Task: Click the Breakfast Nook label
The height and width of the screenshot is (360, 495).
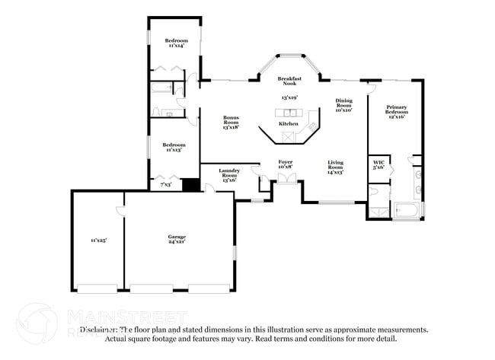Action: click(289, 82)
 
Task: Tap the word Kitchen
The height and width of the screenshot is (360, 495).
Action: click(288, 123)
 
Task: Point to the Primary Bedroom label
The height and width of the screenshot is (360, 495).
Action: click(395, 111)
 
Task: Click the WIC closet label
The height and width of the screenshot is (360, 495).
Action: click(378, 166)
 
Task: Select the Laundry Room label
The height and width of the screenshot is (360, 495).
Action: click(228, 175)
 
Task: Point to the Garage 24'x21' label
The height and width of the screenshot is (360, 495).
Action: click(177, 240)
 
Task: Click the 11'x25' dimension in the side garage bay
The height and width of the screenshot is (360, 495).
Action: click(98, 241)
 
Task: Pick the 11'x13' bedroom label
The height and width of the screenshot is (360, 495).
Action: click(172, 147)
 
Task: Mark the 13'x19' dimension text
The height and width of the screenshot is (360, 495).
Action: click(289, 98)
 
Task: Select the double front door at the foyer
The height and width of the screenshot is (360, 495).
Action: click(286, 178)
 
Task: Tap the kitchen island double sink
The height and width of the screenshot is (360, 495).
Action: click(289, 113)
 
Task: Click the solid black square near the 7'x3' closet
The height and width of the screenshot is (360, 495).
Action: click(190, 185)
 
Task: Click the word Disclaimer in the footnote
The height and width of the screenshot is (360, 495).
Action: click(101, 330)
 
